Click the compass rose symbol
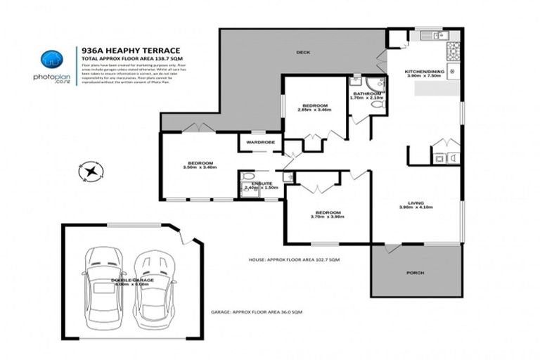coord(91,170)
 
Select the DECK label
coord(303,53)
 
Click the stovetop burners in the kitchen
coord(453,51)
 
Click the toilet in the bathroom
coord(378,105)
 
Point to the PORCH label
coord(416,273)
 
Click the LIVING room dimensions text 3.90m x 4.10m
coord(416,207)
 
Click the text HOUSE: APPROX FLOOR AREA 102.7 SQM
coord(294,259)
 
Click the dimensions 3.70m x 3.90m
coord(328,218)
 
